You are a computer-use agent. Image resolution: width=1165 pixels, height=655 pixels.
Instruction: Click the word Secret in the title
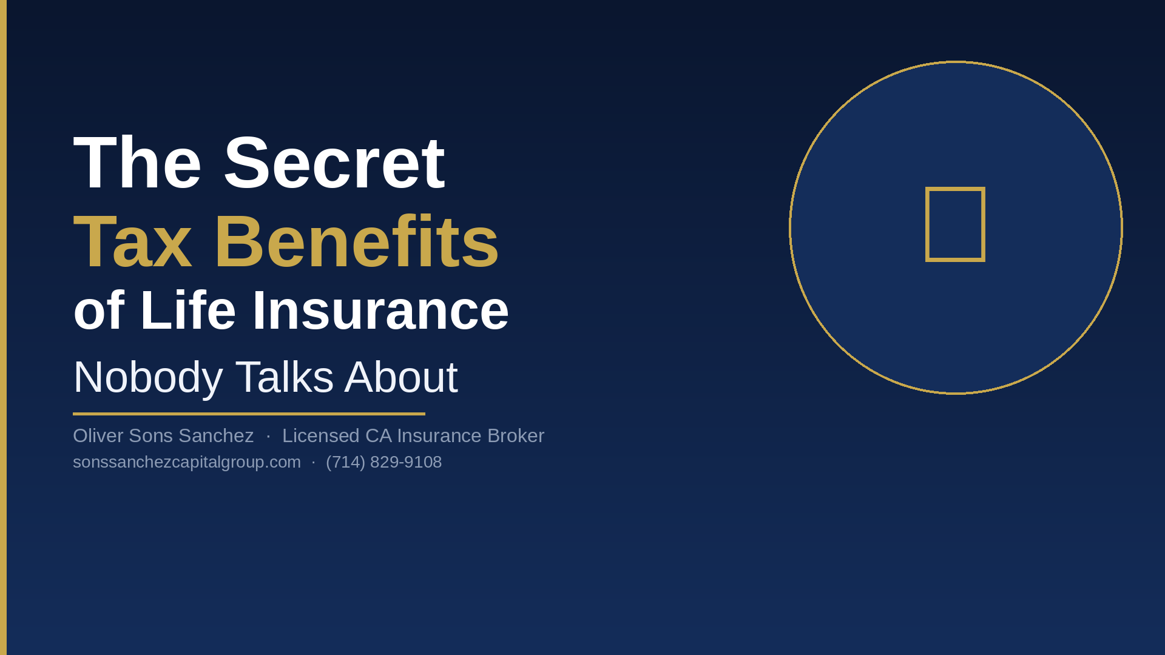click(x=334, y=163)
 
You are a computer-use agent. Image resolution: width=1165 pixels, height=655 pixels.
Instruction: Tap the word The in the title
click(x=137, y=163)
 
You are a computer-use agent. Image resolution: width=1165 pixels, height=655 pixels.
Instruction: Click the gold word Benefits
click(x=356, y=241)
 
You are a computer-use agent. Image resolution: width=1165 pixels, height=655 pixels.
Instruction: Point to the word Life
click(x=187, y=311)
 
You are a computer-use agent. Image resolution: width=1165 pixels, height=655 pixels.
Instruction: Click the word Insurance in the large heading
click(x=380, y=311)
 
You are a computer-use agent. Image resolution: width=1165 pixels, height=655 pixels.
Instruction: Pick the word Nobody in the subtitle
click(x=148, y=377)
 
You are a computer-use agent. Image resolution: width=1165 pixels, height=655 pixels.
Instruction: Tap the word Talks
click(x=285, y=377)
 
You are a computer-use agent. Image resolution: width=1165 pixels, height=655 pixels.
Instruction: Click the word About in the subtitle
click(x=401, y=377)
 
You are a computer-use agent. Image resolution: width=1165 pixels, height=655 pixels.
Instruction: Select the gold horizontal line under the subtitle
click(x=249, y=414)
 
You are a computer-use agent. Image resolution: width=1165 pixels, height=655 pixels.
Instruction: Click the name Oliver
click(x=98, y=435)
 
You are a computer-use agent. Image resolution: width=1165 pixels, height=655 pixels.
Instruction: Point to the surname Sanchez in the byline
click(x=216, y=435)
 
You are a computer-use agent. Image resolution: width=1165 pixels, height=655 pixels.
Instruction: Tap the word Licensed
click(x=321, y=435)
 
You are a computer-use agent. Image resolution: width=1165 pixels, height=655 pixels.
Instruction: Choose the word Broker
click(x=516, y=435)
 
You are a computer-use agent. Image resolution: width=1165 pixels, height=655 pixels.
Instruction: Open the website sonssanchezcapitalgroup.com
click(x=187, y=462)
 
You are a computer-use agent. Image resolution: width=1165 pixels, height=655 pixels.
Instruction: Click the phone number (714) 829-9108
click(x=384, y=462)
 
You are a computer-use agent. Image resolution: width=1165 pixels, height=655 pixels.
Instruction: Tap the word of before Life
click(x=98, y=311)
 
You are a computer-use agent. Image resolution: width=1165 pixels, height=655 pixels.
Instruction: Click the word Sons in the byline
click(x=151, y=435)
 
